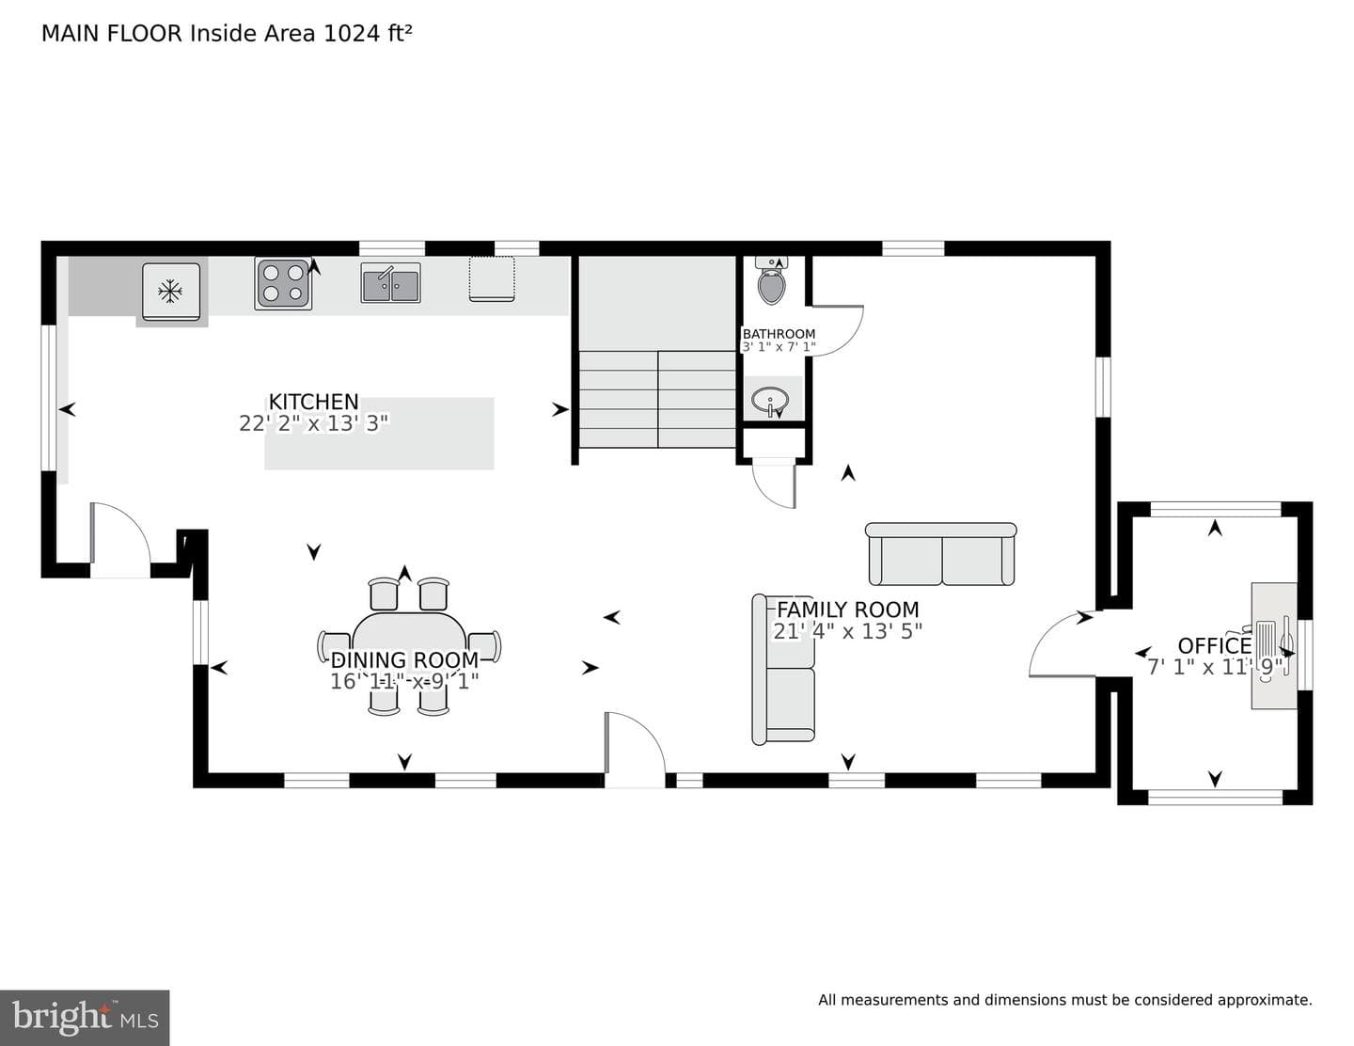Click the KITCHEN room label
pyautogui.click(x=313, y=402)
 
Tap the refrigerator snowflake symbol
pyautogui.click(x=169, y=291)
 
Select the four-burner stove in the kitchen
pyautogui.click(x=283, y=284)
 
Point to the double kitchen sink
pyautogui.click(x=390, y=283)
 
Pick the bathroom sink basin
pyautogui.click(x=770, y=400)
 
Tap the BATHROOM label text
pyautogui.click(x=779, y=334)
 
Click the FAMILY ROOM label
pyautogui.click(x=847, y=609)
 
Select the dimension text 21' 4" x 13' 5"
pyautogui.click(x=847, y=631)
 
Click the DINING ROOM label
pyautogui.click(x=404, y=659)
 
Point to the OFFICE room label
pyautogui.click(x=1215, y=645)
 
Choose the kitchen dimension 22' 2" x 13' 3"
pyautogui.click(x=313, y=424)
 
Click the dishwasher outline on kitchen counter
pyautogui.click(x=492, y=279)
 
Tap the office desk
pyautogui.click(x=1274, y=646)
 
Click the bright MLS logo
pyautogui.click(x=85, y=1018)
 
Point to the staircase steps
pyautogui.click(x=657, y=399)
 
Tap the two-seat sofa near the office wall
pyautogui.click(x=941, y=554)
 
